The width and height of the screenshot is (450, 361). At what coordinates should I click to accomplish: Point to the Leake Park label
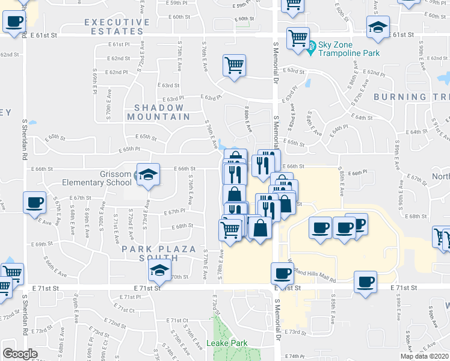click(x=227, y=344)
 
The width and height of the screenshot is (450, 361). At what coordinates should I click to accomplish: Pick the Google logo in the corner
click(x=19, y=353)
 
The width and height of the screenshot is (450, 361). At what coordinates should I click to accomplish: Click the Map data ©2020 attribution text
click(x=424, y=356)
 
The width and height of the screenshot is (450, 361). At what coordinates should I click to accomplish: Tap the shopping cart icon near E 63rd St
click(x=234, y=64)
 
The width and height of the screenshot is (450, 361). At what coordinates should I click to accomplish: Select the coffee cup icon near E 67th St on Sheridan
click(x=35, y=202)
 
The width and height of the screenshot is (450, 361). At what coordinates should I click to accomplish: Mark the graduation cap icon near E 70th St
click(x=159, y=270)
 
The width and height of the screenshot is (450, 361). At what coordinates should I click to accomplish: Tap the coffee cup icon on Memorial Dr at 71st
click(x=282, y=274)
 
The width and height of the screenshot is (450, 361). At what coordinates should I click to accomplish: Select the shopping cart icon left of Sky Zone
click(x=298, y=37)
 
